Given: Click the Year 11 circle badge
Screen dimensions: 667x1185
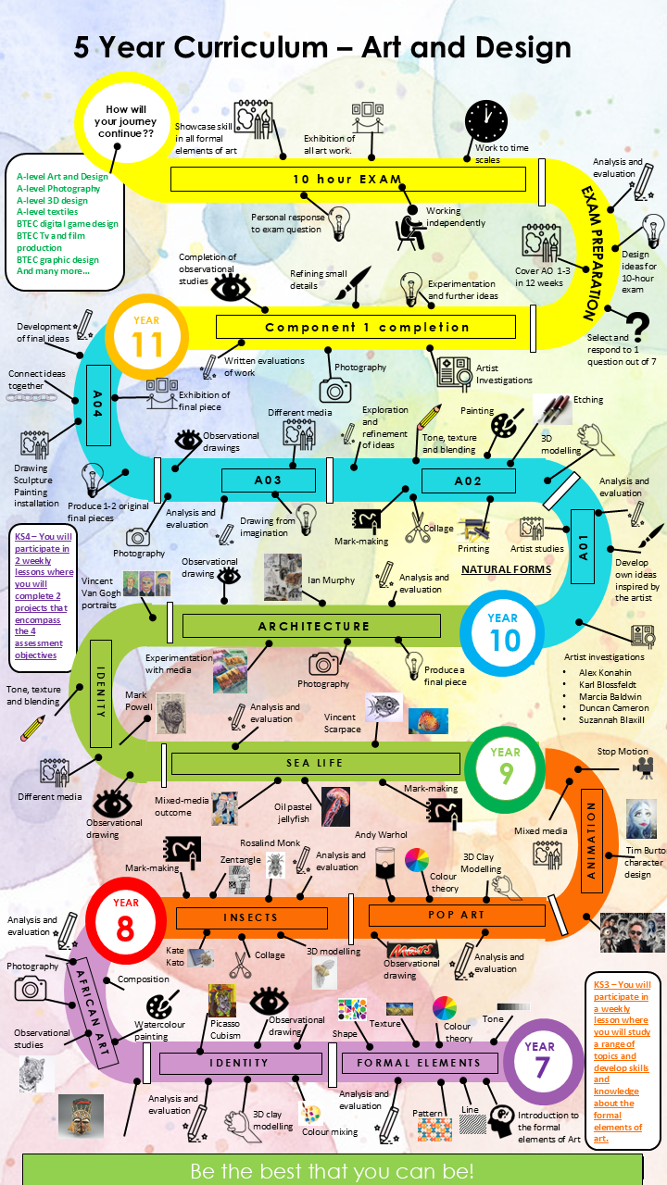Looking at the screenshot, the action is pyautogui.click(x=146, y=337).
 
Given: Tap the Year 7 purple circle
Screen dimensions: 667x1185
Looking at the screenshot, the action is pyautogui.click(x=542, y=1061).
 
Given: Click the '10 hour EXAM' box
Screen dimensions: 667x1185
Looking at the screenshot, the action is pyautogui.click(x=347, y=179).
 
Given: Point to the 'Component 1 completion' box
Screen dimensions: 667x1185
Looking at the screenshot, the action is pyautogui.click(x=366, y=327).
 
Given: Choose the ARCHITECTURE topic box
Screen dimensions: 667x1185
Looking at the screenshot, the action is pyautogui.click(x=311, y=626).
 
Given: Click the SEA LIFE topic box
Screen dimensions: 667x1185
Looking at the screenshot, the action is pyautogui.click(x=316, y=763).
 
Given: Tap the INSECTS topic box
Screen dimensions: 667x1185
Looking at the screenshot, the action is pyautogui.click(x=251, y=917).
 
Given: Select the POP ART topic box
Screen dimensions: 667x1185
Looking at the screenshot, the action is pyautogui.click(x=457, y=916).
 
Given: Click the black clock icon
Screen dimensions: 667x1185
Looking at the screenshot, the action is pyautogui.click(x=486, y=121).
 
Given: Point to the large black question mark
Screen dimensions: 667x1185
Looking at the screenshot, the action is pyautogui.click(x=637, y=327).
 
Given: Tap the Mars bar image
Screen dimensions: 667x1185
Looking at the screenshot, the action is pyautogui.click(x=410, y=950).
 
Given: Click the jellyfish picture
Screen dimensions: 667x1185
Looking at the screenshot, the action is pyautogui.click(x=335, y=806).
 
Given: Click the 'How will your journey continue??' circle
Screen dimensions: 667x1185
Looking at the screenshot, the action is pyautogui.click(x=126, y=121).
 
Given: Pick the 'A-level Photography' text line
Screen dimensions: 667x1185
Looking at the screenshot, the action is pyautogui.click(x=58, y=188).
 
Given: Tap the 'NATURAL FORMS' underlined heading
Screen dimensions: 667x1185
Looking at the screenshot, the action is pyautogui.click(x=506, y=569).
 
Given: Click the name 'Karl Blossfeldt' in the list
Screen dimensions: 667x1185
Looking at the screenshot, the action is pyautogui.click(x=608, y=684).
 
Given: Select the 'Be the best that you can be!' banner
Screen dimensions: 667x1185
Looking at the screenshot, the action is pyautogui.click(x=333, y=1170).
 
